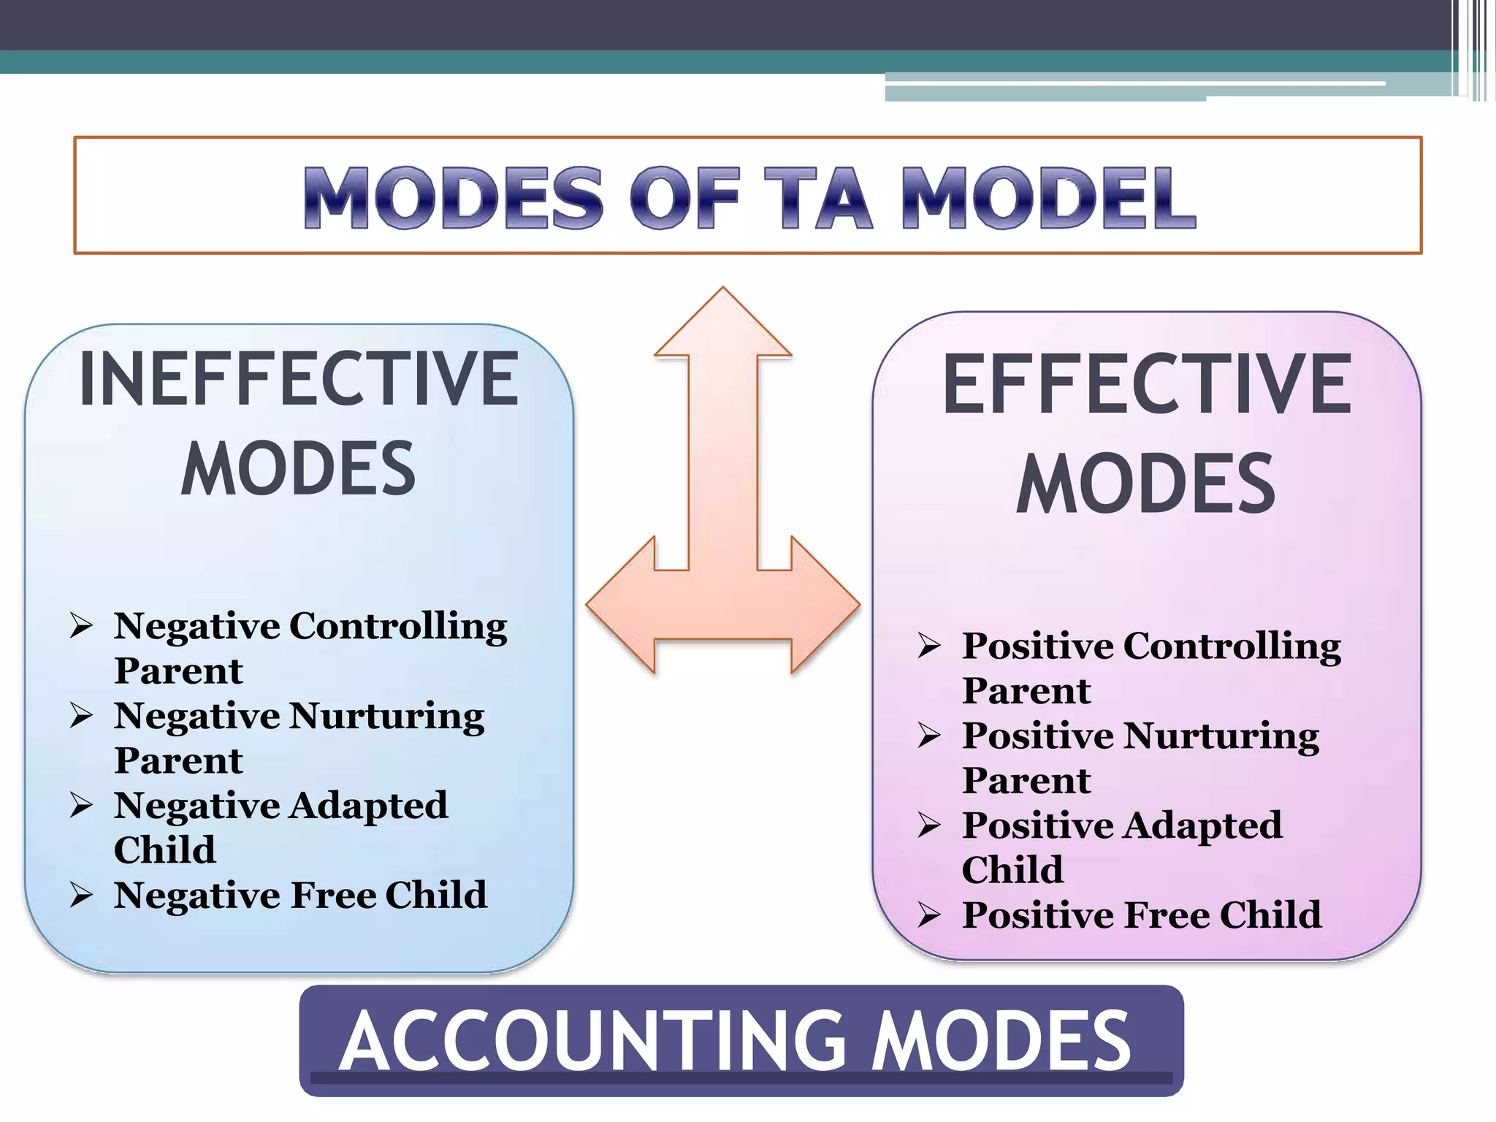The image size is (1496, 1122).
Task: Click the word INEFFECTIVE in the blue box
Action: click(x=299, y=379)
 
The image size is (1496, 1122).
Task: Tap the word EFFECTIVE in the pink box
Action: click(x=1147, y=385)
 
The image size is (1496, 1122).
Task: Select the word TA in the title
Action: click(x=818, y=197)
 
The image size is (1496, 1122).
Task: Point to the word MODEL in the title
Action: click(x=1048, y=197)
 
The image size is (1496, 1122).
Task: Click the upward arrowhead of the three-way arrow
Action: click(x=722, y=325)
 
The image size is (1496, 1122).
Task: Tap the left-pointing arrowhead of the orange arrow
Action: click(x=621, y=605)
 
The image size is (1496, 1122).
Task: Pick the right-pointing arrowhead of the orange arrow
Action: click(x=825, y=605)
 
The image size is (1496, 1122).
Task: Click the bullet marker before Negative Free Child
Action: click(x=81, y=895)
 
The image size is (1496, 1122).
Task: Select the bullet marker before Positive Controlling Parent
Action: click(x=929, y=646)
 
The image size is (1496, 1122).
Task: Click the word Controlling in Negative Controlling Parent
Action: click(x=398, y=627)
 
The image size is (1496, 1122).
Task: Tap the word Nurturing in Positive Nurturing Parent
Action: click(x=1221, y=736)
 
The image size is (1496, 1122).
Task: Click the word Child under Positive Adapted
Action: click(x=1012, y=870)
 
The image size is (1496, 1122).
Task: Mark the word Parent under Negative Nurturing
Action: click(x=178, y=760)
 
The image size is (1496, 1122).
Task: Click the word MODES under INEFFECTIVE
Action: click(x=299, y=469)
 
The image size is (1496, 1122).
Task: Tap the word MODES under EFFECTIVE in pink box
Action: click(x=1147, y=484)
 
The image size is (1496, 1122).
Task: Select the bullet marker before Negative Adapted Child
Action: click(x=81, y=805)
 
